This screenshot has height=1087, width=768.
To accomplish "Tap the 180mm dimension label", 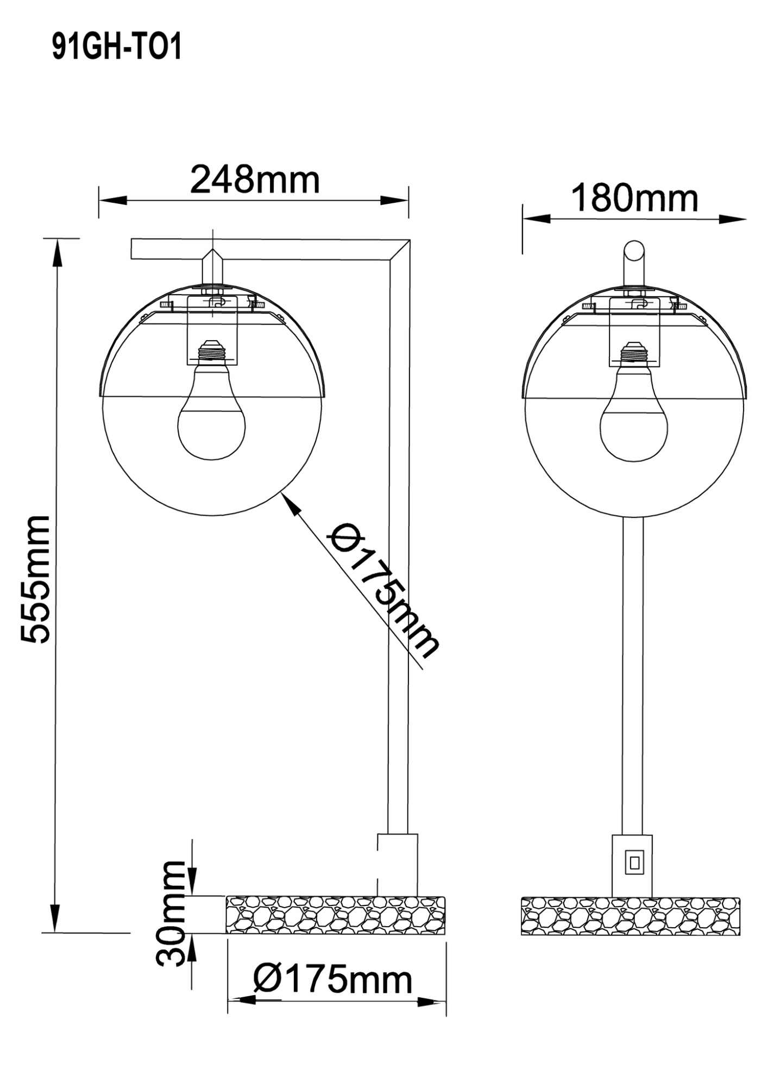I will point(634,198).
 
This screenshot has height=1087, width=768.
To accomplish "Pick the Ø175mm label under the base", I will point(333,980).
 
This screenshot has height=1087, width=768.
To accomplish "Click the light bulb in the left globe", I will point(212,418).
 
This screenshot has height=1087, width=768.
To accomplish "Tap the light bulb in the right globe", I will point(633,418).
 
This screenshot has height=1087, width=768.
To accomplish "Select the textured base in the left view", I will point(336,915).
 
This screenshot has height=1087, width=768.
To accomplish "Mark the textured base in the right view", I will point(630,916).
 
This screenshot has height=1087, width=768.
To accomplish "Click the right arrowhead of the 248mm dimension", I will point(394,201).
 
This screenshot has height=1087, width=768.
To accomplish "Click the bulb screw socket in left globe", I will point(212,352).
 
